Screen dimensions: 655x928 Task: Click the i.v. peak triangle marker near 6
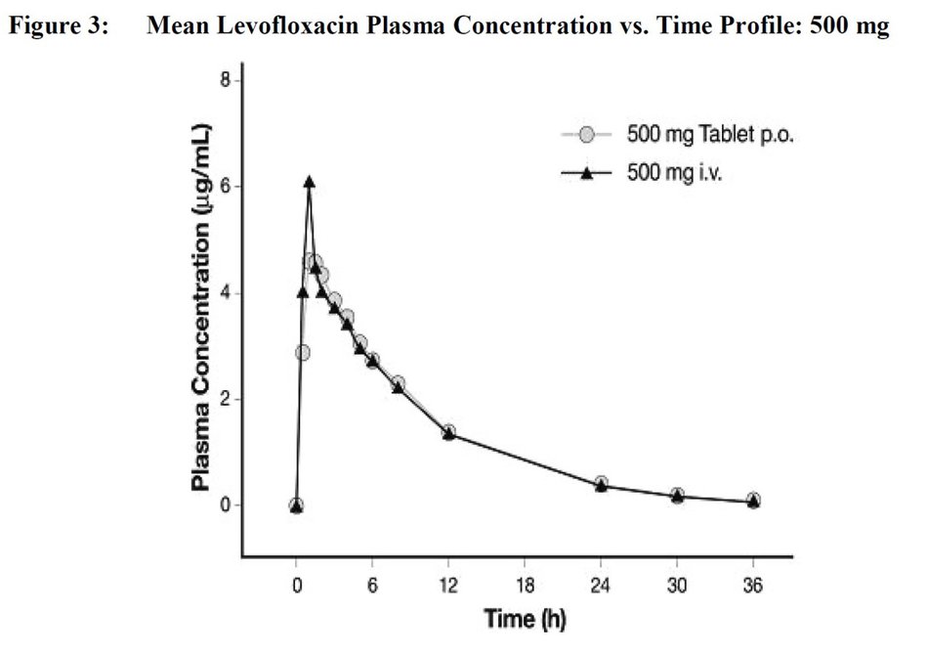pyautogui.click(x=309, y=182)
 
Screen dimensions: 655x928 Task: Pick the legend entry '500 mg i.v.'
pyautogui.click(x=673, y=174)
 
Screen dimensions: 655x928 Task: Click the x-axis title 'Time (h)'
pyautogui.click(x=525, y=619)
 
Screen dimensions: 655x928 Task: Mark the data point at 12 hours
pyautogui.click(x=448, y=432)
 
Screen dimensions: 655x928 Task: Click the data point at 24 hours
pyautogui.click(x=601, y=484)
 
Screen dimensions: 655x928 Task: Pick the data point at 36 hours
pyautogui.click(x=753, y=501)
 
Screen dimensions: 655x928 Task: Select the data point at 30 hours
pyautogui.click(x=677, y=496)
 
